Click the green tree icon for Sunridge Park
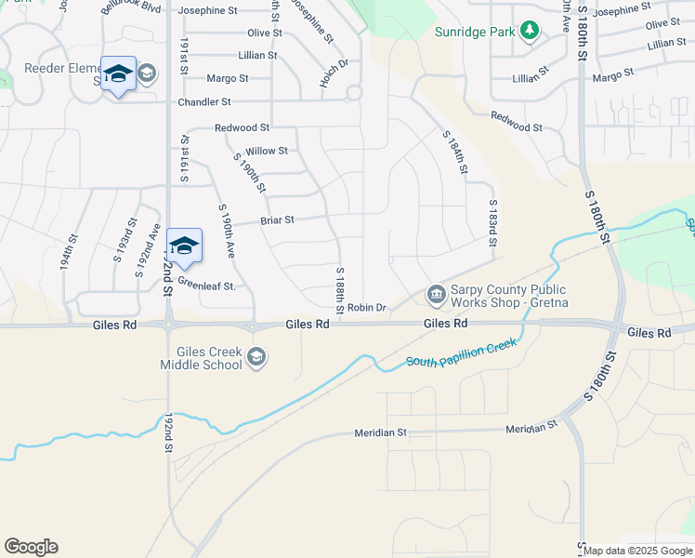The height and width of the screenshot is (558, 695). coord(530,32)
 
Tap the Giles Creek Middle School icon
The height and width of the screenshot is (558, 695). coord(256,358)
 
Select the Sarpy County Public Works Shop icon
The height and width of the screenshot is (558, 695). coord(436,295)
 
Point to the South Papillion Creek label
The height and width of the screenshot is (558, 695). coord(461,352)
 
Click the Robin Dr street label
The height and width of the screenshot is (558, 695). coord(366,308)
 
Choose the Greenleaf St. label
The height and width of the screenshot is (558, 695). coord(205,286)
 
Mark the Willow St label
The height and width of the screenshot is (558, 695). coord(267,151)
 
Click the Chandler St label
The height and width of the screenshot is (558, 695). coord(224,101)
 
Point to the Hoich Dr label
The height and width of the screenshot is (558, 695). coord(333,74)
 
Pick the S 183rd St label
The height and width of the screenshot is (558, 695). coord(492,224)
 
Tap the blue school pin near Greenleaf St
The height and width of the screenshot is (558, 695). coord(184,246)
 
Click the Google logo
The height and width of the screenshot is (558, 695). coord(31,547)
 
